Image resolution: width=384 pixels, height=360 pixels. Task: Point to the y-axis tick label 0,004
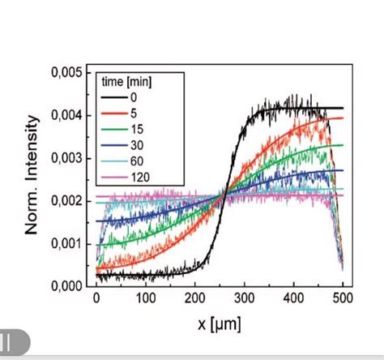66,116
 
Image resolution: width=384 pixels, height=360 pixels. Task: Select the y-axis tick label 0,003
66,158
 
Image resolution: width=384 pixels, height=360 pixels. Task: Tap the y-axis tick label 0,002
66,201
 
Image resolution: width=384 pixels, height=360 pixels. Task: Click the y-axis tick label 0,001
66,243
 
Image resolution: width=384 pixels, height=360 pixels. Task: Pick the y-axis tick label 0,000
66,285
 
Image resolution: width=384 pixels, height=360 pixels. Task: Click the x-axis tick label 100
146,299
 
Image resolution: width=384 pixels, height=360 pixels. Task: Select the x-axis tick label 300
245,299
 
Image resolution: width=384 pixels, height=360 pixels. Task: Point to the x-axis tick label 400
294,299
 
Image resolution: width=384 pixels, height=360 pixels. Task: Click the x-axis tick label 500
343,299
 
